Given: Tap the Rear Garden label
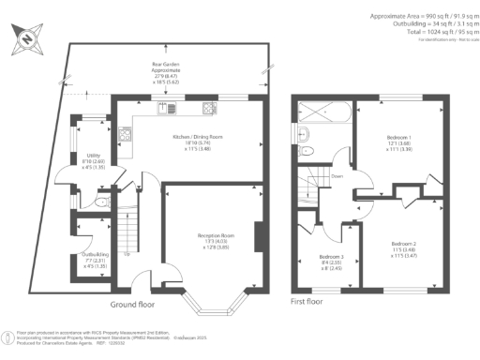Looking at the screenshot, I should [x=166, y=73].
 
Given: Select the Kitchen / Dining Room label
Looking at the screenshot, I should [x=190, y=141].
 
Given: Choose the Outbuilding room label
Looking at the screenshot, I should [x=95, y=259].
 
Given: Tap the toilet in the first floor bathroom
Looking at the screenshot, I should [x=313, y=152].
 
